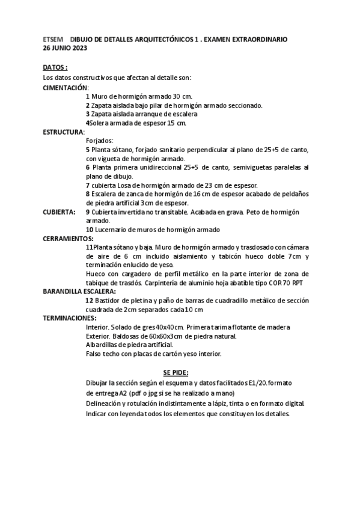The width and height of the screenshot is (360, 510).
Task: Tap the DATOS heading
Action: [x=55, y=67]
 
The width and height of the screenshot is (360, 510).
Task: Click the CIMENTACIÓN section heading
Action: [x=66, y=87]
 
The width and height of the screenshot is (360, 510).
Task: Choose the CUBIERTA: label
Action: [x=59, y=212]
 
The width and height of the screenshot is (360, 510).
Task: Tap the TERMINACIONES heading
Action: [x=70, y=318]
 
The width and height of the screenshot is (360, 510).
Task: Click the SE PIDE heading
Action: [x=176, y=372]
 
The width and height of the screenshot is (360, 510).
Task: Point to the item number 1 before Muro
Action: [x=88, y=96]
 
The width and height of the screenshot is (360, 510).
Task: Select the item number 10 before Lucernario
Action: [x=90, y=230]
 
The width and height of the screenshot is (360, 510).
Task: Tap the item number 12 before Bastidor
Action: [x=90, y=300]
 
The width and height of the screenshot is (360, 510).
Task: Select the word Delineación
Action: [x=106, y=404]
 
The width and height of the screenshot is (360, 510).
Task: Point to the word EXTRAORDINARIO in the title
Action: [x=258, y=39]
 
